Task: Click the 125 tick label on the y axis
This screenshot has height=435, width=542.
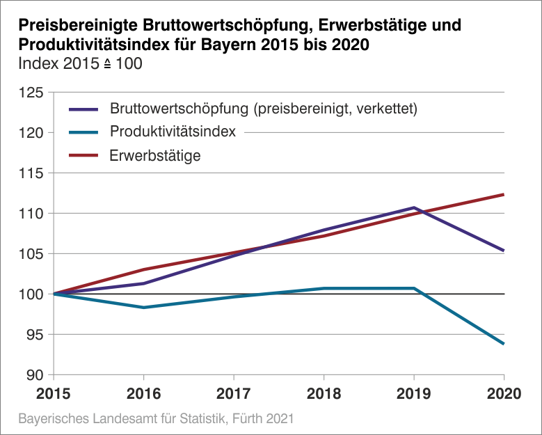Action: point(31,93)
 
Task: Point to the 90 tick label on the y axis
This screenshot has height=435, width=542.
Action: point(35,375)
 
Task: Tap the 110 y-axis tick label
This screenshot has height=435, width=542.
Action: point(31,214)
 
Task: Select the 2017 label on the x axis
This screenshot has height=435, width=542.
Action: point(234,393)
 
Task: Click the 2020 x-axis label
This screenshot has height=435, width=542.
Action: point(504,393)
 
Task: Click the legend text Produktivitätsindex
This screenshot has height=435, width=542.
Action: point(173,132)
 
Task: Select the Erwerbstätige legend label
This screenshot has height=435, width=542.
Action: point(155,156)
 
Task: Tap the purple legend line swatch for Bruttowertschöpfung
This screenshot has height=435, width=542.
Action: point(83,109)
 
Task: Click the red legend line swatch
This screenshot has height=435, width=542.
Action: point(83,156)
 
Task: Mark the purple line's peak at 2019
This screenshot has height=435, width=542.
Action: point(414,207)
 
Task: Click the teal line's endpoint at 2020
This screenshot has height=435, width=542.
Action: point(504,344)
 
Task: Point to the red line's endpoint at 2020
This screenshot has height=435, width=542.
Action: point(504,194)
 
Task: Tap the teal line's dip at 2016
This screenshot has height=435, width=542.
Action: point(144,308)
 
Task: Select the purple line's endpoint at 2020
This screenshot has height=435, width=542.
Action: point(504,251)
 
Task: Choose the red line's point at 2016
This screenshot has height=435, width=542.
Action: point(144,269)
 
